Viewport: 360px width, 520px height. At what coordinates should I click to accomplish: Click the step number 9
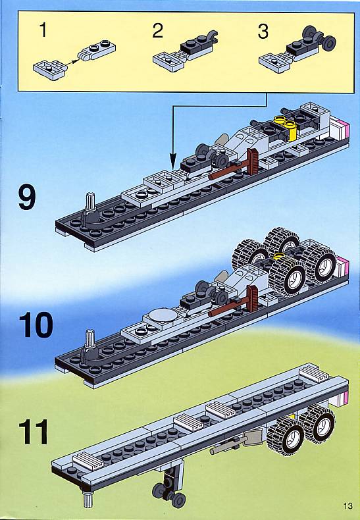27,197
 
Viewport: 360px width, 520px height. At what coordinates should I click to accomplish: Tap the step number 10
36,325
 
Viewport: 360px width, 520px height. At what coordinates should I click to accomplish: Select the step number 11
33,432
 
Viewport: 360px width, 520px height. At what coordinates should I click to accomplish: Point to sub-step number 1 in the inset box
43,30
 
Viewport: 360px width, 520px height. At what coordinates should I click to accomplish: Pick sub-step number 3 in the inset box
263,32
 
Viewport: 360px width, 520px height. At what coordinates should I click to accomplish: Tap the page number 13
347,506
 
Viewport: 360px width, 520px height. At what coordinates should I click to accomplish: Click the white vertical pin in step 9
90,200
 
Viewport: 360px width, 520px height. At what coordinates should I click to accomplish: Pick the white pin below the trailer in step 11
87,499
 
